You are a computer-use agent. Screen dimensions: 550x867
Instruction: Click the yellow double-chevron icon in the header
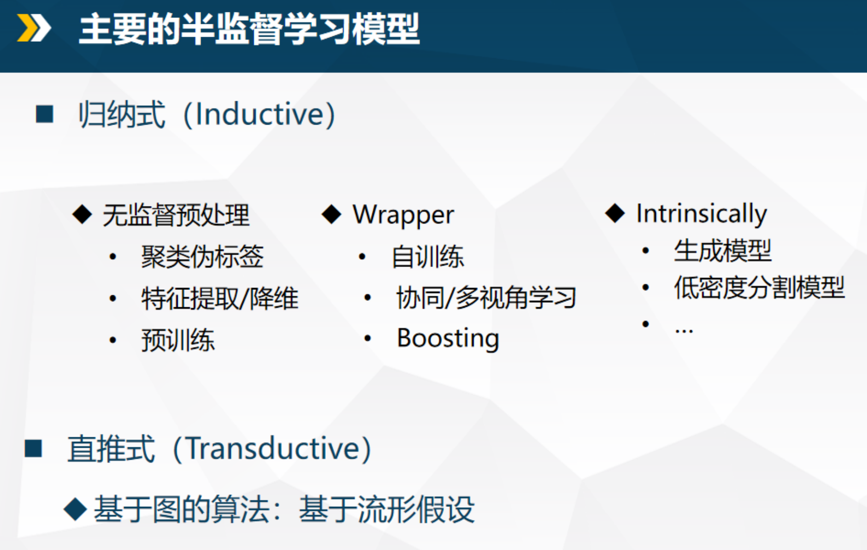[x=34, y=28]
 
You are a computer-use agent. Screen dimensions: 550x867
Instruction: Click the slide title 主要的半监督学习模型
[x=249, y=29]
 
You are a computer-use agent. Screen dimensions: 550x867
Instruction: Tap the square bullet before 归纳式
[x=45, y=114]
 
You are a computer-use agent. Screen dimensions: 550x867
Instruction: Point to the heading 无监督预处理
[x=176, y=215]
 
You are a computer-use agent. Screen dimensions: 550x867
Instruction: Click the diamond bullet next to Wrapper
[x=331, y=214]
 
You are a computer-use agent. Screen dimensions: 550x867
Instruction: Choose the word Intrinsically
[x=701, y=214]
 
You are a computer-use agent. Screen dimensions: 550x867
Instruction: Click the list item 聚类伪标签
[x=202, y=257]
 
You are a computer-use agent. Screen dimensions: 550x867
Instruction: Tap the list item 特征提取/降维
[x=219, y=298]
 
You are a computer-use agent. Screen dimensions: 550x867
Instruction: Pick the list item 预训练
[x=178, y=340]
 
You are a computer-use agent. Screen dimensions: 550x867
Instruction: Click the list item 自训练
[x=428, y=257]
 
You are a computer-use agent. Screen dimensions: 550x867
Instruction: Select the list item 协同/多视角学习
[x=486, y=298]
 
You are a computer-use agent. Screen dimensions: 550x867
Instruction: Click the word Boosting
[x=448, y=339]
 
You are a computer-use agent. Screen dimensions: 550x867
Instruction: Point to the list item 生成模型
[x=722, y=250]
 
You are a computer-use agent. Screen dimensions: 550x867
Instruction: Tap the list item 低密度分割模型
[x=759, y=287]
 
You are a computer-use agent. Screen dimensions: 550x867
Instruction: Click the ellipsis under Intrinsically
[x=684, y=330]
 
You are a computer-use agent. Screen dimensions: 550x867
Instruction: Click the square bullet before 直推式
[x=34, y=448]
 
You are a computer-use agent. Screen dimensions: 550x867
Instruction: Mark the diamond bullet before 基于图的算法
[x=75, y=509]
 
